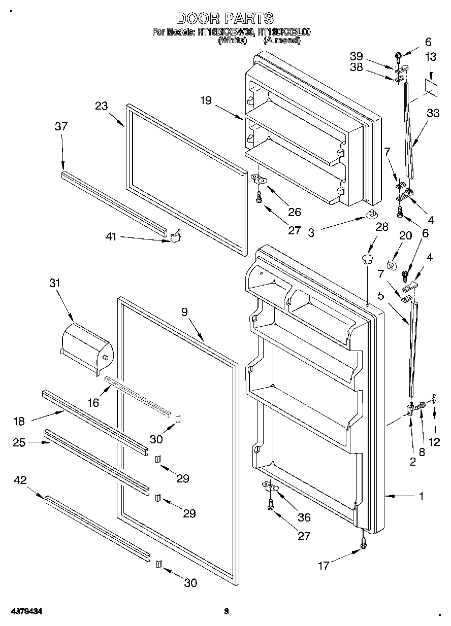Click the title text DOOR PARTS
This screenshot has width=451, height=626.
coord(224,19)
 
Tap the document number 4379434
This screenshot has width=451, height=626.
coord(25,611)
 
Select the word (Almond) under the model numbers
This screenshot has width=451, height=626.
coord(281,41)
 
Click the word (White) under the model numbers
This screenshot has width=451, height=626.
coord(233,41)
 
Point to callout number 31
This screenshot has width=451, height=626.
coord(54,284)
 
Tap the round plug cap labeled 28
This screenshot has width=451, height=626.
coord(367,260)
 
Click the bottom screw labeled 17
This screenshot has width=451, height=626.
coord(363,542)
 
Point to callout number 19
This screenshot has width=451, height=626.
coord(206,100)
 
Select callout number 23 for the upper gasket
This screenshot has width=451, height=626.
coord(102,106)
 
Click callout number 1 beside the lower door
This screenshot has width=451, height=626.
coord(421,497)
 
